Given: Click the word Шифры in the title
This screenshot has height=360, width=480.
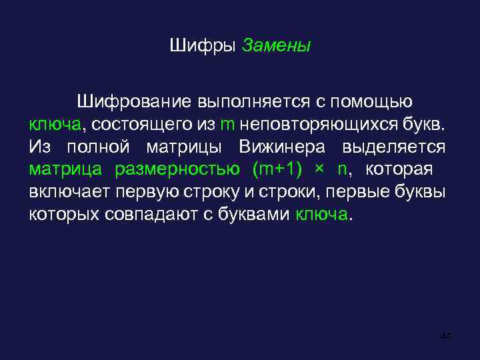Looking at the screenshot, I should (x=203, y=47).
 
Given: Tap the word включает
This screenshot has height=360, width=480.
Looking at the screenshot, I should (x=63, y=192).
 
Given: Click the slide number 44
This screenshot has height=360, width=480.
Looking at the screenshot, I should (x=446, y=337).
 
